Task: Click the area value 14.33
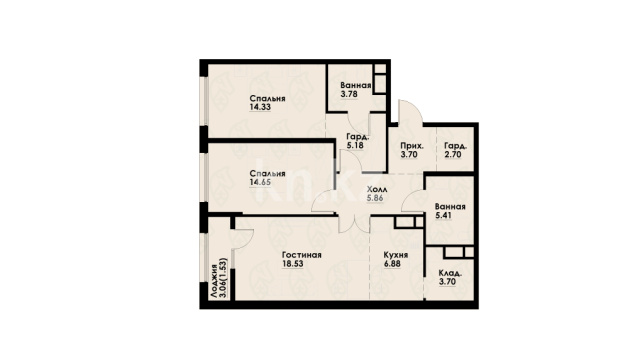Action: (260, 107)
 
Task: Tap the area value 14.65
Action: (260, 182)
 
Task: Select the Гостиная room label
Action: (302, 255)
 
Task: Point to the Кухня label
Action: (396, 255)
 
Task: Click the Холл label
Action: (377, 190)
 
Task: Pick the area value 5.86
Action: (375, 198)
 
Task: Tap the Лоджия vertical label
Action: (214, 281)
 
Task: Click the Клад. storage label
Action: (451, 273)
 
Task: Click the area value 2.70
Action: (453, 155)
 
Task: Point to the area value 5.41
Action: (443, 216)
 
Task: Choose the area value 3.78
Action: (349, 94)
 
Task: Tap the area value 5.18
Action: (355, 145)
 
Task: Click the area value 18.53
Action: (293, 264)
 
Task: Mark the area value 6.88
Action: (392, 264)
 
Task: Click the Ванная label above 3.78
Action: (356, 86)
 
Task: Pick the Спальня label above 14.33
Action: (267, 99)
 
